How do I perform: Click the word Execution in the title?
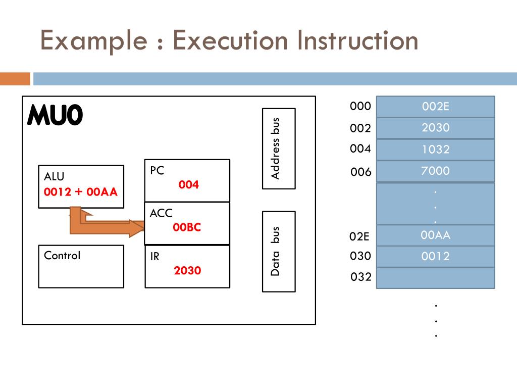tap(231, 40)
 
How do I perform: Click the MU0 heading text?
tap(55, 116)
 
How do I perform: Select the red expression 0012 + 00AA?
tap(81, 192)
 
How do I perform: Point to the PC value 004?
tap(189, 185)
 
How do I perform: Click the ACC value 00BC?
tap(187, 227)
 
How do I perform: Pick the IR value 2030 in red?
tap(187, 270)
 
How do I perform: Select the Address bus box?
tap(278, 149)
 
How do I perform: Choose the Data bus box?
tap(278, 251)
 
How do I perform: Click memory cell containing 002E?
tap(435, 107)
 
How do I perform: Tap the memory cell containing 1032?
tap(435, 150)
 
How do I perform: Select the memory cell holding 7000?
tap(435, 171)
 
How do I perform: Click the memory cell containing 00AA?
tap(435, 235)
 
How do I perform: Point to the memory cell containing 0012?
tap(435, 256)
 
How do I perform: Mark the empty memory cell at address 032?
tap(435, 277)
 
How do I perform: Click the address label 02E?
tap(359, 236)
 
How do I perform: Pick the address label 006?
tap(360, 172)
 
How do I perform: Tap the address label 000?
tap(360, 106)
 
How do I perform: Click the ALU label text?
tap(54, 176)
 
